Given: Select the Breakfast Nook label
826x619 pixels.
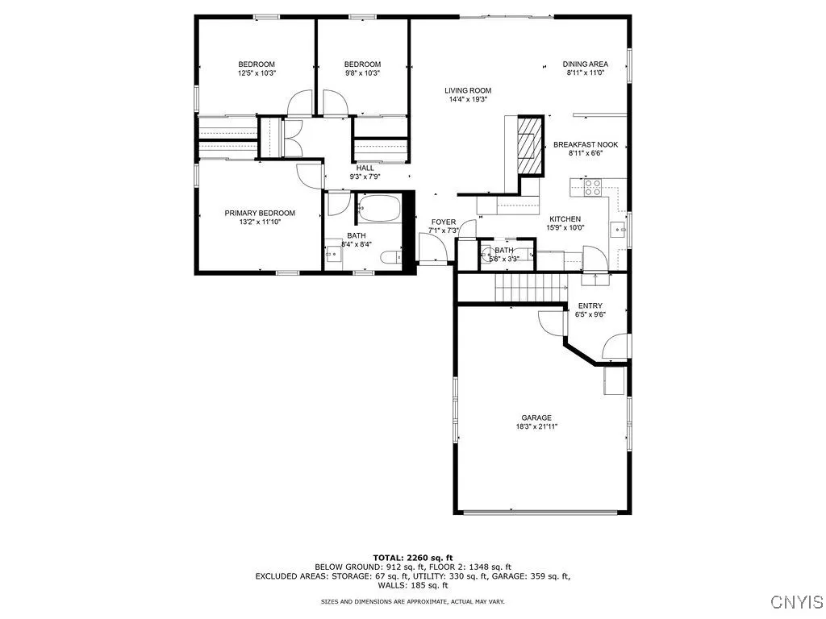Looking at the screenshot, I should point(586,145).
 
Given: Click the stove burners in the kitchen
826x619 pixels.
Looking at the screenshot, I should point(591,187).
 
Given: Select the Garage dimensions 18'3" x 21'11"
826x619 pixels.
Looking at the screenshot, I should point(536,426).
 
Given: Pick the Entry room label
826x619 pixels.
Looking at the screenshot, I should point(590,305).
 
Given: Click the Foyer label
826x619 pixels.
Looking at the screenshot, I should point(443,222).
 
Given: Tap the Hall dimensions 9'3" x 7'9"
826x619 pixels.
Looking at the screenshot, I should point(365,177).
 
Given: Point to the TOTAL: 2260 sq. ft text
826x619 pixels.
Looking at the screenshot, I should point(412,558).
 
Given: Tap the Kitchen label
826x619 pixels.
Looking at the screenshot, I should point(565,219).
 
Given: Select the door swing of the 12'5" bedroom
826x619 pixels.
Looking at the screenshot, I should point(301,102).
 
